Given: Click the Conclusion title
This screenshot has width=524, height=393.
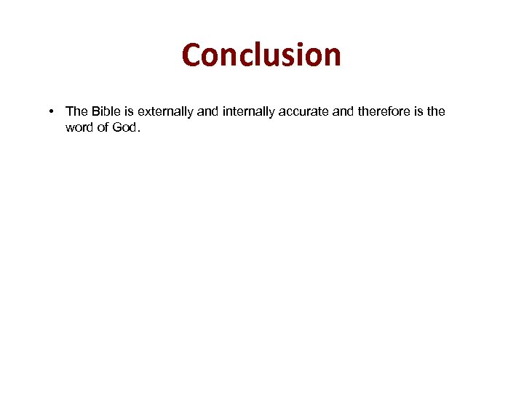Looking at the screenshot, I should (x=261, y=55).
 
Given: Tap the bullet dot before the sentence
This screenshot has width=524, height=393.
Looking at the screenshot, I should (x=53, y=111).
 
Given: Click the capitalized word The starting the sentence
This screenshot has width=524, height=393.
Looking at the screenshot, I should (x=76, y=111).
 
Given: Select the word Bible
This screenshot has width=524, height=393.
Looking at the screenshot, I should (x=105, y=111).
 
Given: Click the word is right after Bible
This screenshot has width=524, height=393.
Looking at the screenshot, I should (x=130, y=111).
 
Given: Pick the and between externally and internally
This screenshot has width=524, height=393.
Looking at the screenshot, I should (x=207, y=111).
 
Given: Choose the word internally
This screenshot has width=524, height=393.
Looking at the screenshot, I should (x=247, y=111).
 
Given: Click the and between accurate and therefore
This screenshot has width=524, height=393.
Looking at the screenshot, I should (x=342, y=111).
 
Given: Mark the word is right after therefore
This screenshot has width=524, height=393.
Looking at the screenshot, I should (x=416, y=111).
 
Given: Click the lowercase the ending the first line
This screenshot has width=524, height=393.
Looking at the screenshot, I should (x=435, y=111).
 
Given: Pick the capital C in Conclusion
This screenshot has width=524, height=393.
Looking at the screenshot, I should (x=193, y=55).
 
